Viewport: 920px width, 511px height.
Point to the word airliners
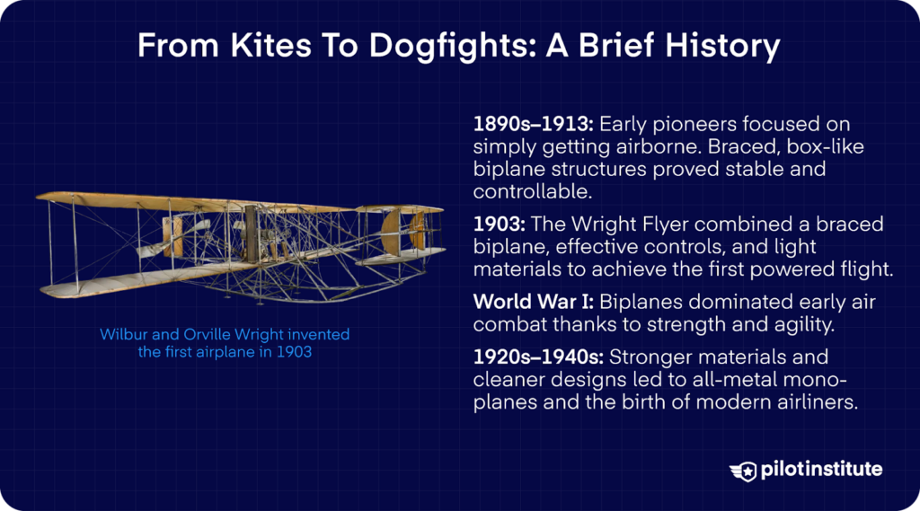tap(813, 403)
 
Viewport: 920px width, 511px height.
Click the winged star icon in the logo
tap(743, 470)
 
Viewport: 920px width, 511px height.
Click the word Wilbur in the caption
tap(122, 335)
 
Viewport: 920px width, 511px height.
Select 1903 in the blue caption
tap(294, 352)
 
